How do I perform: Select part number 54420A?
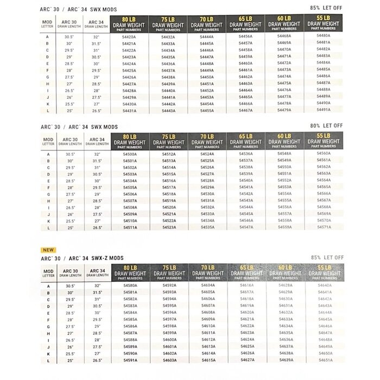[x=129, y=37]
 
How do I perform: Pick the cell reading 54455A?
[x=207, y=110]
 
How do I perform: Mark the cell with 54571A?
[x=324, y=227]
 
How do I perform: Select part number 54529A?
[x=207, y=187]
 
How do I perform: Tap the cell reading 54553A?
[x=284, y=186]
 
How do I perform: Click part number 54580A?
[x=130, y=284]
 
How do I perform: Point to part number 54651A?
[x=325, y=359]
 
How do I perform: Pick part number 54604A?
[x=208, y=284]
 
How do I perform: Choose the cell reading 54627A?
[x=247, y=359]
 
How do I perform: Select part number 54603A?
[x=169, y=359]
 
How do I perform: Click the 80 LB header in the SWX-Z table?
[x=130, y=267]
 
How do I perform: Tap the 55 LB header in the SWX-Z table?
[x=325, y=267]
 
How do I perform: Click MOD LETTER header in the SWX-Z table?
[x=48, y=273]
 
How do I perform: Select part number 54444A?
[x=207, y=36]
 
